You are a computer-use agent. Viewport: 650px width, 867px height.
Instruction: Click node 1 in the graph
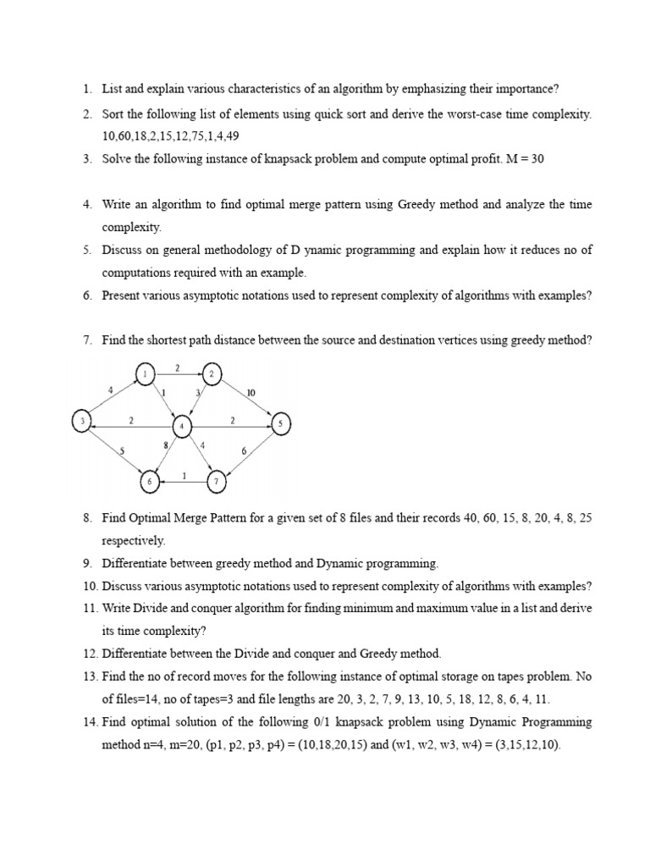click(146, 373)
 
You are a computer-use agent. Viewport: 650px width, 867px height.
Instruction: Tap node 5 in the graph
click(282, 423)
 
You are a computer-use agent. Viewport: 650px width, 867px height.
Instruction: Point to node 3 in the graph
click(81, 421)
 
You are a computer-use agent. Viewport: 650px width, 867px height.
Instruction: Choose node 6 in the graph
click(150, 482)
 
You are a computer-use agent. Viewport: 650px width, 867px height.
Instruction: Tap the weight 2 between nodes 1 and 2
click(177, 367)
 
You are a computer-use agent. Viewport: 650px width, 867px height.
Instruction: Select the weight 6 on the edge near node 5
click(244, 451)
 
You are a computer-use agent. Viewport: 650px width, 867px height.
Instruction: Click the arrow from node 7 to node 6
click(185, 482)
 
